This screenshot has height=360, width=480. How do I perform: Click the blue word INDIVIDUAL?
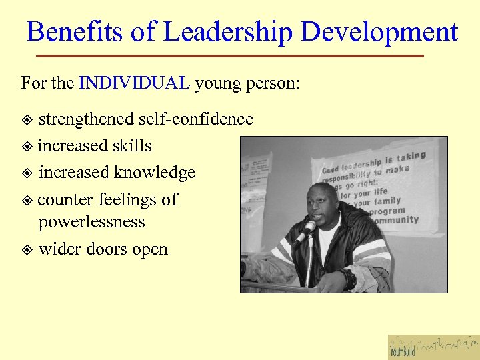(134, 83)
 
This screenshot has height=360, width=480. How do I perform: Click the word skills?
(133, 146)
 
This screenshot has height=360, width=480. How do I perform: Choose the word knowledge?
(155, 173)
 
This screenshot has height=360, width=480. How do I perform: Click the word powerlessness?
(91, 222)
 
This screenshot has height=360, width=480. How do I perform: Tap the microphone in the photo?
(306, 229)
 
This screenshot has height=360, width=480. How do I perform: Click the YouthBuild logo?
(433, 347)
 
